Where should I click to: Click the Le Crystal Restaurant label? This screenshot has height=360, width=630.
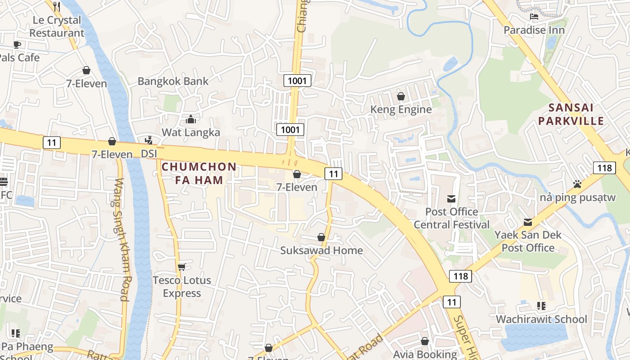coord(57,27)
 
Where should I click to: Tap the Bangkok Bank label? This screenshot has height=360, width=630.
coord(173,81)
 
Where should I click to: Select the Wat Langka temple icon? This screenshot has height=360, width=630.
coord(191,119)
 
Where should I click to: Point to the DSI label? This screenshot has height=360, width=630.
coord(149,154)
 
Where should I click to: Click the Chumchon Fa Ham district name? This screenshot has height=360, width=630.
coord(199,173)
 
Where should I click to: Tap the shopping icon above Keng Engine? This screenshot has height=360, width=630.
coord(401,96)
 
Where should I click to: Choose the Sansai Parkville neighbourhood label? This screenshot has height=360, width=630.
coord(571,114)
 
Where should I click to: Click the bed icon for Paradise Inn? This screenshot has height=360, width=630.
coord(534,17)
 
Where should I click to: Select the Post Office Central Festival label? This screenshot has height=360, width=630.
coord(451,218)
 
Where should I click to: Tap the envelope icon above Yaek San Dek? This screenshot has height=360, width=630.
coord(528,222)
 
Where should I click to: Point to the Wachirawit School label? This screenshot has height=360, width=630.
coord(541,319)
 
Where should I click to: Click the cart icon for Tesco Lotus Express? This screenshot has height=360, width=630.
coord(182,267)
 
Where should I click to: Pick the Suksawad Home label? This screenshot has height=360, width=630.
coord(321,251)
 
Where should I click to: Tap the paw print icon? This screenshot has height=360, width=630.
coord(577,184)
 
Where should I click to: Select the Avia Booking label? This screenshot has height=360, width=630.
coord(425,355)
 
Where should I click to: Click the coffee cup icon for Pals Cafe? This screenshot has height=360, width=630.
coord(17,44)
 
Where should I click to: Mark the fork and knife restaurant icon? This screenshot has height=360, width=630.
coord(57,6)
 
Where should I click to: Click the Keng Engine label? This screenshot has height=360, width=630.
coord(401,109)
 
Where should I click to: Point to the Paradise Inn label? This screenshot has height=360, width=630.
coord(534,30)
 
